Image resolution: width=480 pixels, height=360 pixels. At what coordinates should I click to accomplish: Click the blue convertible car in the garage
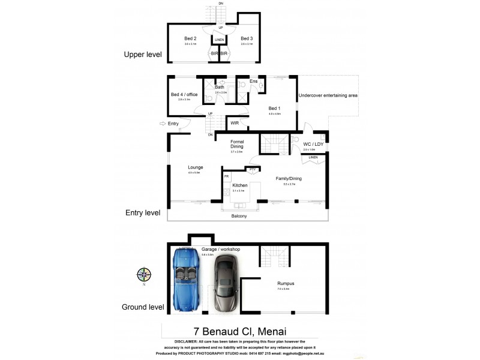[187, 281]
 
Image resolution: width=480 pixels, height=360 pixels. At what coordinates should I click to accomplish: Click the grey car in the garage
[224, 284]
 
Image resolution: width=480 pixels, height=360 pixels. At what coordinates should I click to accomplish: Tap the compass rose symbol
[143, 275]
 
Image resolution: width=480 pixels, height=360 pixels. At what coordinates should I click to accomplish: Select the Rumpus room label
[284, 284]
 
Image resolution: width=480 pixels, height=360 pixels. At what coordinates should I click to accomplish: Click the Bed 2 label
[190, 39]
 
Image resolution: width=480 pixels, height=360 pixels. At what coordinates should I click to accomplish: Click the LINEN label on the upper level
[220, 40]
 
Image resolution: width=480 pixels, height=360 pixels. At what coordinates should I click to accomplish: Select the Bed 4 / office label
[184, 94]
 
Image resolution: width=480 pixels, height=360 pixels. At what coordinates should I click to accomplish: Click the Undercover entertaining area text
[328, 95]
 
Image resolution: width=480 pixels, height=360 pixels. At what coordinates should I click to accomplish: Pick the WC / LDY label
[313, 144]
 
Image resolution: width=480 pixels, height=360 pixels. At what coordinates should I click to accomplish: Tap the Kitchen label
[240, 185]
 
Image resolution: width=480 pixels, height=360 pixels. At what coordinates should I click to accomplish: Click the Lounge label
[195, 167]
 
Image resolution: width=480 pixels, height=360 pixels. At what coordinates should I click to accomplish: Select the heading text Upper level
[143, 54]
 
